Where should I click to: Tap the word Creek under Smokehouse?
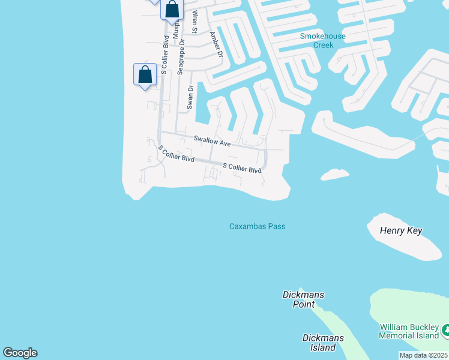[323, 46]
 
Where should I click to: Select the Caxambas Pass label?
[257, 226]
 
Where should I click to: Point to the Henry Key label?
[402, 231]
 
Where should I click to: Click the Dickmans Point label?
[299, 299]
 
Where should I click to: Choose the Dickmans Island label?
[323, 343]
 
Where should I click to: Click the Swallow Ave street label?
[212, 142]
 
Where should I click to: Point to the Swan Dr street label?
[190, 97]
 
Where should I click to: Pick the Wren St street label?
[194, 22]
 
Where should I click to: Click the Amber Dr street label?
[215, 45]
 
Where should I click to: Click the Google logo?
[20, 353]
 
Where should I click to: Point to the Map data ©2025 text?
[423, 355]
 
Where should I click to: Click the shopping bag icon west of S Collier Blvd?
[144, 76]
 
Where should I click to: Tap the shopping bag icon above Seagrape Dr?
[172, 10]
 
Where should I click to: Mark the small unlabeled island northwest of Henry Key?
[335, 175]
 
